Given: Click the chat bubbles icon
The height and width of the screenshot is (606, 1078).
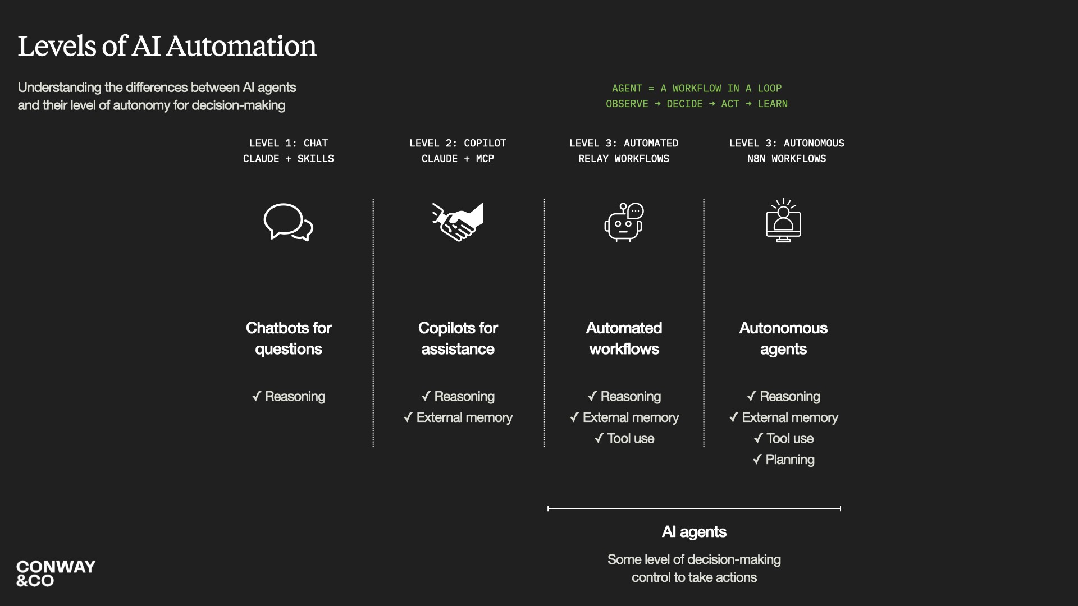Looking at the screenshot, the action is coord(288,222).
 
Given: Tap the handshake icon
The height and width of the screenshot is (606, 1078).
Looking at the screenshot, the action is coord(458,222).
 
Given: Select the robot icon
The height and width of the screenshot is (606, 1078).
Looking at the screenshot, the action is coord(624,222).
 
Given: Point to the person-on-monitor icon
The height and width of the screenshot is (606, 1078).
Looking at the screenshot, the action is coord(783,221).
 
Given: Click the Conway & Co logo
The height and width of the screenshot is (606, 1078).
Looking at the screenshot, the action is coord(56,573).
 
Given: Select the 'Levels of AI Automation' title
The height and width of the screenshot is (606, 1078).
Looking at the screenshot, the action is coord(167,46).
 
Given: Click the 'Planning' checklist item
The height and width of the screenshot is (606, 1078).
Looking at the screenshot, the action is coord(784,460).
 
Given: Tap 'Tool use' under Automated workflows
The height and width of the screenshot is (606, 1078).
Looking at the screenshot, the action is coord(624,438).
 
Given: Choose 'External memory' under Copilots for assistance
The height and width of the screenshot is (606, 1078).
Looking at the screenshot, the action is coord(458,417).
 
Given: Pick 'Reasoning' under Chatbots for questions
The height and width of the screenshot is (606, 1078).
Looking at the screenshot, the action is coord(289,396).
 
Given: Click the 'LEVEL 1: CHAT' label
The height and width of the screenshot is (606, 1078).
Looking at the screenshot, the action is coord(288,143).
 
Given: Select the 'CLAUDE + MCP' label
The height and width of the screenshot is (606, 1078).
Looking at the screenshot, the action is coord(458,159).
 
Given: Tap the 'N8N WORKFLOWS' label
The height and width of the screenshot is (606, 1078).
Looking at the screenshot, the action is coord(787,159).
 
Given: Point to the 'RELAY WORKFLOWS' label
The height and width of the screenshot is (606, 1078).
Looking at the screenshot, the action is coord(624,159).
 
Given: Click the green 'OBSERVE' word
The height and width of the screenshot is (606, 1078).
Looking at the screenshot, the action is coord(627,104).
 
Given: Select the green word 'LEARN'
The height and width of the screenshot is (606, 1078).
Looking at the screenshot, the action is coord(773,104).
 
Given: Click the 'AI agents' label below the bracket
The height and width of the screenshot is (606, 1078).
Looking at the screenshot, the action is coord(694,531).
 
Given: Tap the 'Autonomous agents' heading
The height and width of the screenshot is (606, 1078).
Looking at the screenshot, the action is coord(783,338).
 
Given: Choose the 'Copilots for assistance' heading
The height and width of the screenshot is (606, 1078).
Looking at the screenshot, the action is coord(458,338).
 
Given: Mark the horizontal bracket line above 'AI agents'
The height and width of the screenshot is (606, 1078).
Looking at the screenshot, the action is coord(694,508).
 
